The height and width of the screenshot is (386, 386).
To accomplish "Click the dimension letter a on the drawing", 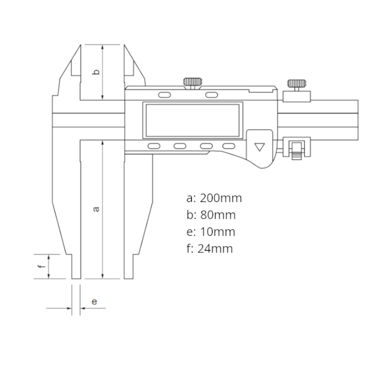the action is (96, 209).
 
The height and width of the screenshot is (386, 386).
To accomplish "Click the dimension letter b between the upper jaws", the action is (96, 72).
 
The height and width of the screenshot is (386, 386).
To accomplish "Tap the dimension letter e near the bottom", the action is (94, 302).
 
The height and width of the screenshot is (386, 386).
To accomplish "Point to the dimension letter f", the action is (42, 266).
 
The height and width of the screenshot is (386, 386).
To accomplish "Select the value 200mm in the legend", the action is (221, 198).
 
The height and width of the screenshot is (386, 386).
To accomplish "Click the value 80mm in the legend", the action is (218, 215).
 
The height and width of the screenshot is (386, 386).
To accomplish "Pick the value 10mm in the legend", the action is (217, 232).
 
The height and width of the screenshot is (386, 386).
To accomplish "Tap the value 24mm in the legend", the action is (215, 249).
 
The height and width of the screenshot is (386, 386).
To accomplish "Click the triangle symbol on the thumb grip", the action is (260, 147).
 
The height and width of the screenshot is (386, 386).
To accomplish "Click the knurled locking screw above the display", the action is (192, 82).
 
